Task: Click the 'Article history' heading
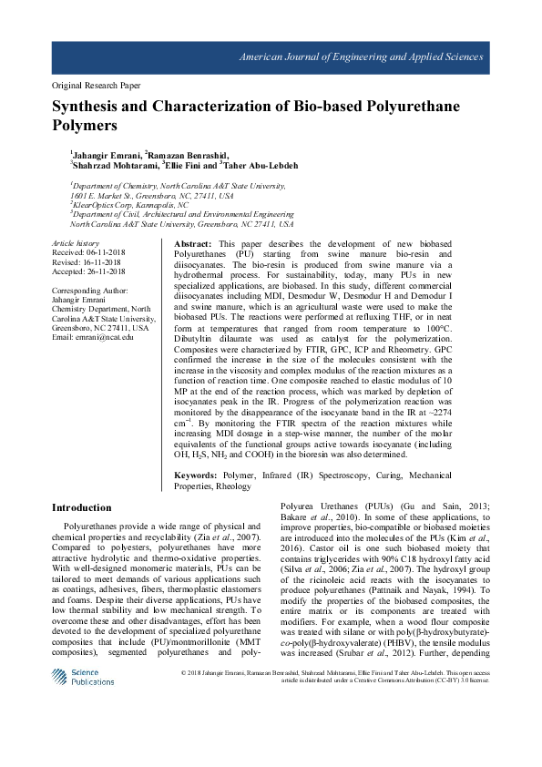76,243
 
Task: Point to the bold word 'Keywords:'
195,476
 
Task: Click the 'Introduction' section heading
82,507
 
